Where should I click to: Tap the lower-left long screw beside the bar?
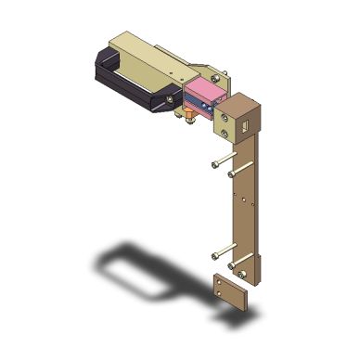coord(224,251)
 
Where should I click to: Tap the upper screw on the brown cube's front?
coord(225,117)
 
